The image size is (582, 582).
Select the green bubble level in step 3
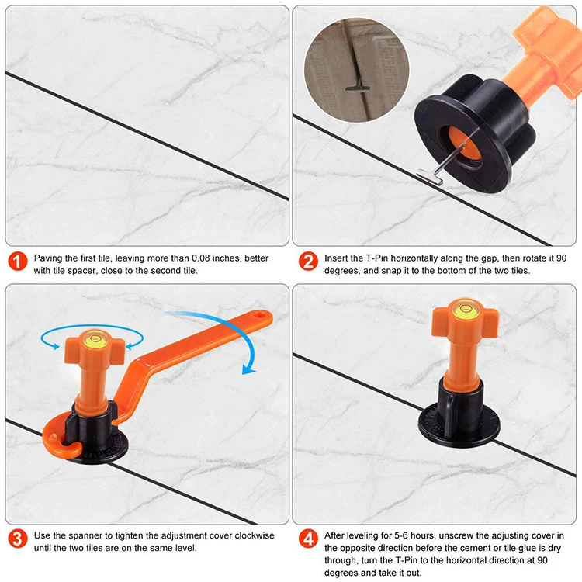(x=92, y=339)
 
